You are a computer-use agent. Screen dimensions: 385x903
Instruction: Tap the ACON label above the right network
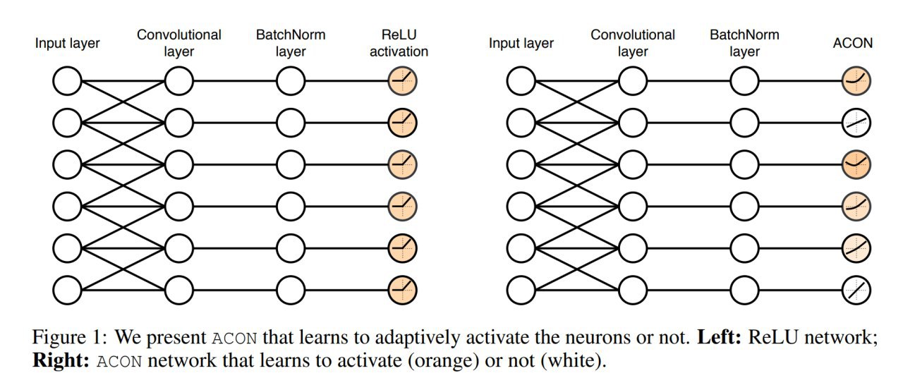click(x=853, y=43)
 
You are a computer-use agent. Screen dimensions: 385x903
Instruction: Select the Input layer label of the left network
click(x=68, y=43)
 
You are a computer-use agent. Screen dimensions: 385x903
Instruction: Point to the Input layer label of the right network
click(x=521, y=43)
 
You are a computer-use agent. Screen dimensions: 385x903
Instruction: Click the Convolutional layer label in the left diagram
click(x=178, y=42)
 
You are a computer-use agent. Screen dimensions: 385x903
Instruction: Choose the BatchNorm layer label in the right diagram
click(x=744, y=42)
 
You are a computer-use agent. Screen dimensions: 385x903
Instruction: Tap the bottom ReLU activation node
click(x=402, y=288)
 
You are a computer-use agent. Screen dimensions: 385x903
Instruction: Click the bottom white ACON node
click(x=856, y=288)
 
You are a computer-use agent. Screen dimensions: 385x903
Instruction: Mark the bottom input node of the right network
click(x=521, y=288)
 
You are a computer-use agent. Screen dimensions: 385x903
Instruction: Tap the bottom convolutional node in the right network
click(x=632, y=288)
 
